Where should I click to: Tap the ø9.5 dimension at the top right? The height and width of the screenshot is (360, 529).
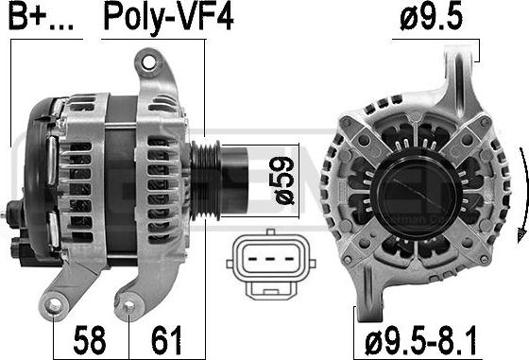[431, 17]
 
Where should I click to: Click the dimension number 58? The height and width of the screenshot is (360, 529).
[90, 340]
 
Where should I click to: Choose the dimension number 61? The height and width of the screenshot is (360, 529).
[166, 340]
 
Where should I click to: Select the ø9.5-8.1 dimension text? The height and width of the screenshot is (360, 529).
[420, 341]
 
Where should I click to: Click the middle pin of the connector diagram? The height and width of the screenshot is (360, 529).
[269, 259]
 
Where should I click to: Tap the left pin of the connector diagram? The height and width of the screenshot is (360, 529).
[253, 259]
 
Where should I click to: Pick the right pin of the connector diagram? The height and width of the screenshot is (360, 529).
[289, 259]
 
